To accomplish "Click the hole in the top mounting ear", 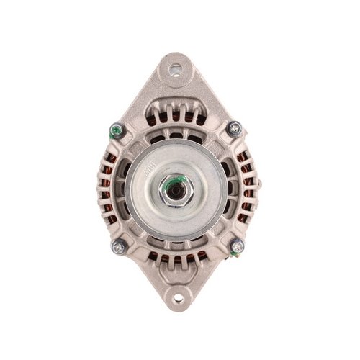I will pyautogui.click(x=176, y=71).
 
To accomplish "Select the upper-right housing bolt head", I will pyautogui.click(x=235, y=128).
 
